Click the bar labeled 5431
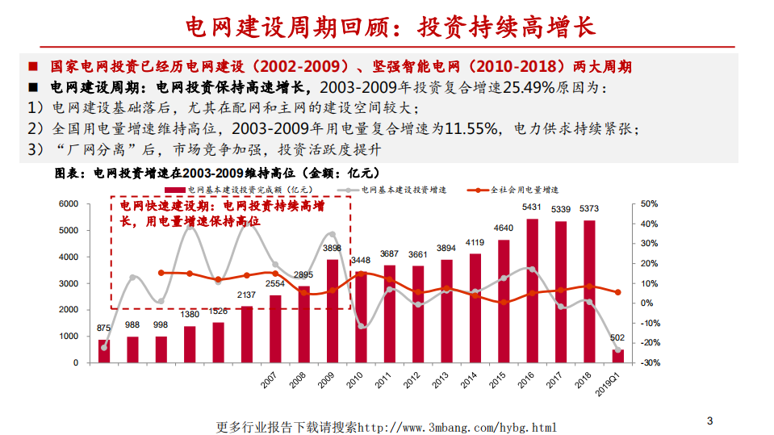532,291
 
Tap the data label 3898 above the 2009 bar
332,248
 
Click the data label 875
103,328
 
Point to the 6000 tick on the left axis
69,204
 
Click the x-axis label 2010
354,380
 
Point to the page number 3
709,420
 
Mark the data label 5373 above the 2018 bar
589,208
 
